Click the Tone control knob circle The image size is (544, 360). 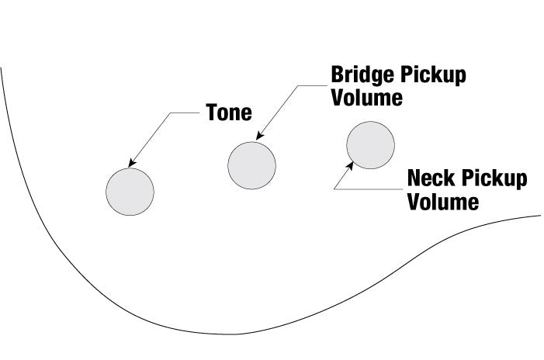pos(130,191)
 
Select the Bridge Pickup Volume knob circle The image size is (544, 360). pos(251,164)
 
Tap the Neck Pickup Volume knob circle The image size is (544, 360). pos(370,145)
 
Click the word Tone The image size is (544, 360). pos(229,112)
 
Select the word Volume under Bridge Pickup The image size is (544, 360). pos(367,99)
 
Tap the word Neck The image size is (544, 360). pos(431,179)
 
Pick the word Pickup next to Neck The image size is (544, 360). pos(494,179)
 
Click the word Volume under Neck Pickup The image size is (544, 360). pos(443,202)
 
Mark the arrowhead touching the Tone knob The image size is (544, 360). pos(130,164)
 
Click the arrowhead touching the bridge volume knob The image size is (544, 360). pos(258,137)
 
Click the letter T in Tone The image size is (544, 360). pos(211,112)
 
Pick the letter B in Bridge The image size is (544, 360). pos(338,76)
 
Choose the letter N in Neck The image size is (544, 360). pos(414,179)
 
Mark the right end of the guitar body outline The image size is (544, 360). pos(539,216)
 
